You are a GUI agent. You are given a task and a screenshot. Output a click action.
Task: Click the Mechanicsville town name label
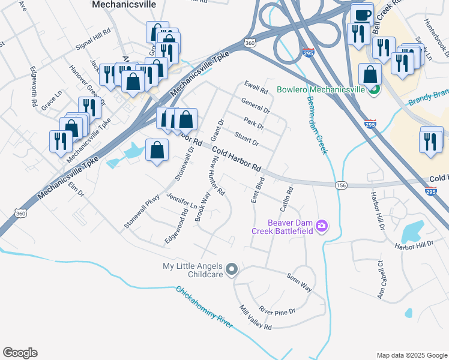pos(124,4)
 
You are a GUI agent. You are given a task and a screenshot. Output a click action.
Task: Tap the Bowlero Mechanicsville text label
pos(321,90)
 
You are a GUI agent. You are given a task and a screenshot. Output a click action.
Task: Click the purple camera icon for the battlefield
pos(322,226)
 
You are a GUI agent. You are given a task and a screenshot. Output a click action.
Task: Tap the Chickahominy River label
pos(204,307)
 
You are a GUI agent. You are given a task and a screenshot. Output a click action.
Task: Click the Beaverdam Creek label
pos(316,125)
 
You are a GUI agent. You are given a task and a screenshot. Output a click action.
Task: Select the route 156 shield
pos(341,185)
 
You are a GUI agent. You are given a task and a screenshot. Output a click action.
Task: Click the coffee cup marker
pos(363,14)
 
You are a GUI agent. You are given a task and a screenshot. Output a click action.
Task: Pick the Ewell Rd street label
pos(256,88)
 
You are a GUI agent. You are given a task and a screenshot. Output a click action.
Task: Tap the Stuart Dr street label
pos(246,139)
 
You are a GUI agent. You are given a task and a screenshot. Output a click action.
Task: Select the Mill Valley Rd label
pos(256,318)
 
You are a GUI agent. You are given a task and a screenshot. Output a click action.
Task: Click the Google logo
pos(20,353)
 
